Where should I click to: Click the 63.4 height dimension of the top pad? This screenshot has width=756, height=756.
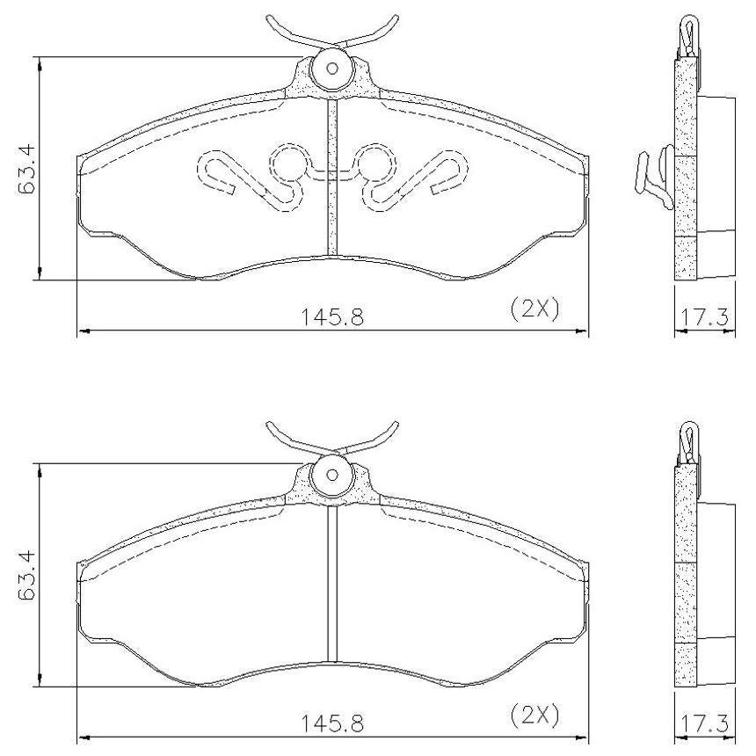pyautogui.click(x=27, y=167)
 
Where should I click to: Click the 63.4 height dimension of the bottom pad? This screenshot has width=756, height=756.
pyautogui.click(x=27, y=574)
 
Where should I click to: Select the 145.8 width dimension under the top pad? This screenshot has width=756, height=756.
pyautogui.click(x=332, y=317)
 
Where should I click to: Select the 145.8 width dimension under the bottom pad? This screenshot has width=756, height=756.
pyautogui.click(x=332, y=723)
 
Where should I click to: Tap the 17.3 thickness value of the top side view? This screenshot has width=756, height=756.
pyautogui.click(x=704, y=317)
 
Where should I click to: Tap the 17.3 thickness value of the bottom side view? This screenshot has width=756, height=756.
pyautogui.click(x=704, y=723)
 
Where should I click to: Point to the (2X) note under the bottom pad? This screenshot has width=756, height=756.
pyautogui.click(x=534, y=715)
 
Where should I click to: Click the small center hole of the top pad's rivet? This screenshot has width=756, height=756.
pyautogui.click(x=331, y=69)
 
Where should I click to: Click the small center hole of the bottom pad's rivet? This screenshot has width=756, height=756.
pyautogui.click(x=331, y=476)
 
